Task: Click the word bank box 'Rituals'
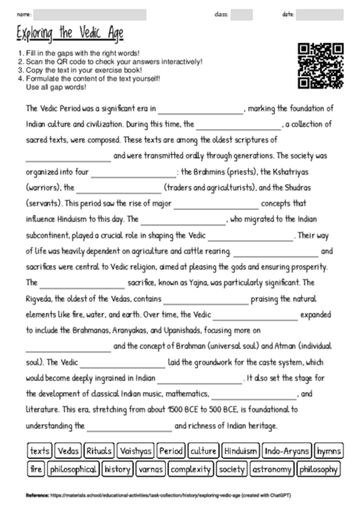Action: tap(99, 451)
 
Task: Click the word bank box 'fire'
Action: tap(36, 469)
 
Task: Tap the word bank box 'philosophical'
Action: tap(74, 469)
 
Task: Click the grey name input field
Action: tap(91, 14)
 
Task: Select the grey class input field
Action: tap(241, 14)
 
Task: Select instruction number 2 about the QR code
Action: tap(110, 60)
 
